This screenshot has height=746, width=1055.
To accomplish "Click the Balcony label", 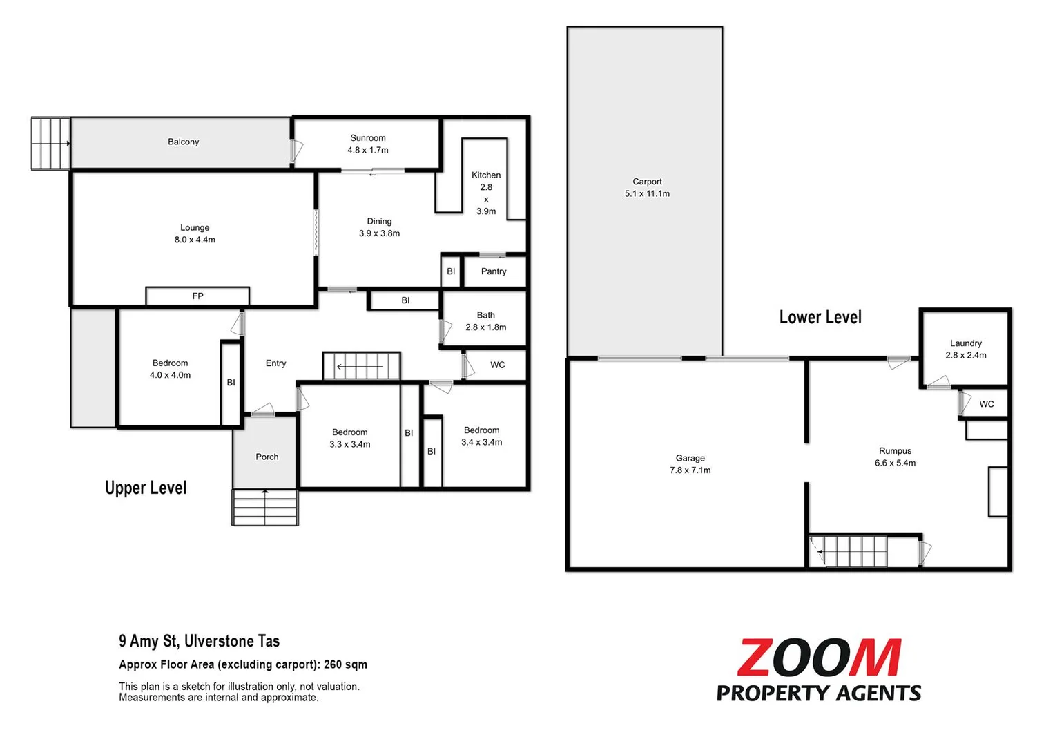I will click(x=183, y=142).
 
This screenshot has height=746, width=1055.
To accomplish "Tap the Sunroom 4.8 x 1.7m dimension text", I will click(x=367, y=150).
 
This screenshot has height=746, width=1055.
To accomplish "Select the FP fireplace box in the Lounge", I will click(x=197, y=296).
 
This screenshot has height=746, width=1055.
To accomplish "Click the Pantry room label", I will click(x=494, y=271).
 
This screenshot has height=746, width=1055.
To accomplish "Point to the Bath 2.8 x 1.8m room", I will click(x=485, y=321).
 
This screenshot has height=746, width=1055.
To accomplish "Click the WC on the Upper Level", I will click(x=497, y=365).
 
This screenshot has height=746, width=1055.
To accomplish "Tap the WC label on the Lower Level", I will click(x=986, y=404).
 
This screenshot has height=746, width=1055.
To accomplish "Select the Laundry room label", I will click(x=965, y=343).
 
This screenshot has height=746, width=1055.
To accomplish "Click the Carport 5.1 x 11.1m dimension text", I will click(x=647, y=193).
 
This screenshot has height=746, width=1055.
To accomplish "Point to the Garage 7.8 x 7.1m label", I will click(x=690, y=464).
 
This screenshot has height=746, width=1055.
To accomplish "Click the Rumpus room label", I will click(x=895, y=451).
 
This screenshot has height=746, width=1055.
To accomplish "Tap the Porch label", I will click(x=267, y=457).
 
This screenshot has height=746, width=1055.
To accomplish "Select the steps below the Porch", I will click(x=265, y=508).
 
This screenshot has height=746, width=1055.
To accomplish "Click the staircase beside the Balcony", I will click(x=50, y=144).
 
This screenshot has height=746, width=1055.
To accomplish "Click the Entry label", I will click(x=275, y=363).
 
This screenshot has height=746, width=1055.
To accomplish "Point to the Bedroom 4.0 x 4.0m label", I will click(x=170, y=369).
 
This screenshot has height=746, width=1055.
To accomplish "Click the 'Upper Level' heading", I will click(x=146, y=488).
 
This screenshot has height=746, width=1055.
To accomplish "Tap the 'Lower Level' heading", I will click(x=820, y=317).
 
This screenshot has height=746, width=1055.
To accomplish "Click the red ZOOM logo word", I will click(x=819, y=658).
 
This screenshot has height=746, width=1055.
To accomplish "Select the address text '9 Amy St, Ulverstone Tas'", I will click(x=199, y=641).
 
